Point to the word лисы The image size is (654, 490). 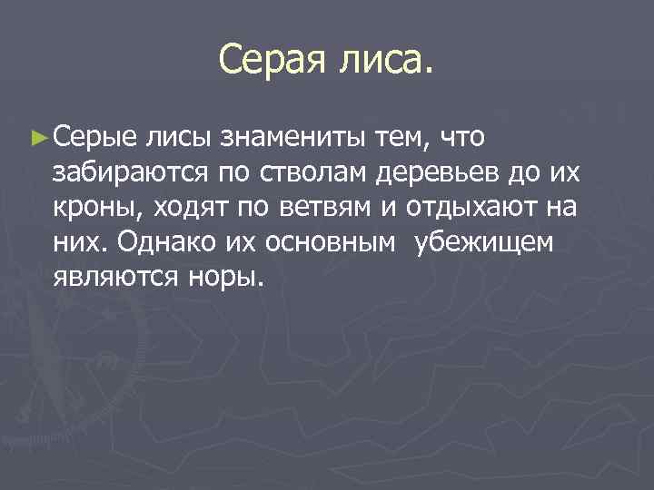[x=177, y=138]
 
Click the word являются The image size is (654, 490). [x=113, y=276]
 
